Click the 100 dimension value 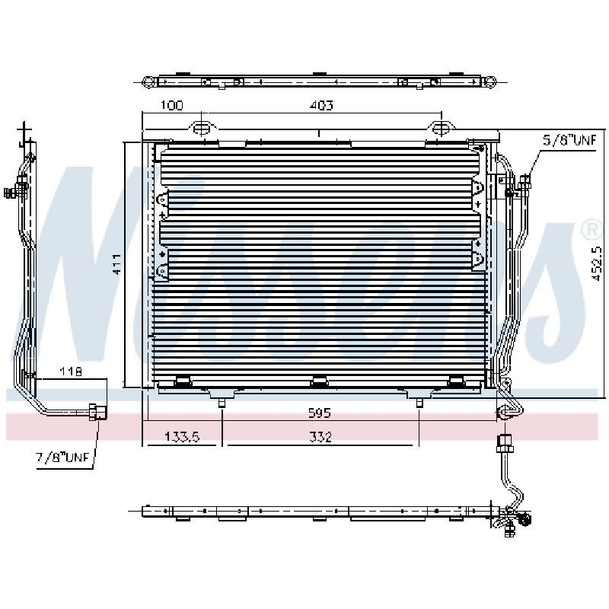[172, 105]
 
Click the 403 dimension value [321, 105]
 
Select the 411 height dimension [117, 264]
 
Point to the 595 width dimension [319, 413]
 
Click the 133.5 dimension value [182, 436]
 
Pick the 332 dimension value [320, 436]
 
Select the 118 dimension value [71, 371]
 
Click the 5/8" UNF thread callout [569, 140]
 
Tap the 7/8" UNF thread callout [62, 458]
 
